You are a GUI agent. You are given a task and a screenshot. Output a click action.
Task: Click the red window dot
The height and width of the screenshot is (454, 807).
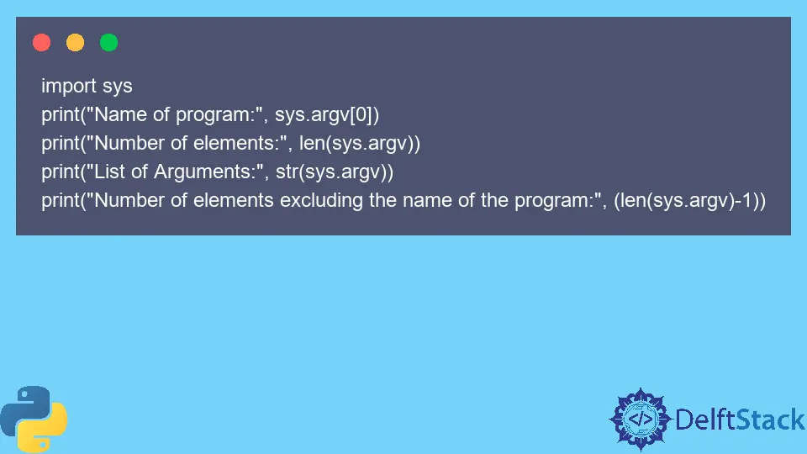[x=42, y=42]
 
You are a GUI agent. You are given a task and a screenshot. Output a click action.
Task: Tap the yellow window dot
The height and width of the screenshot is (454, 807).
[x=75, y=42]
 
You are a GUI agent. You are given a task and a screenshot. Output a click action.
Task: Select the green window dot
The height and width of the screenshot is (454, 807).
[x=108, y=42]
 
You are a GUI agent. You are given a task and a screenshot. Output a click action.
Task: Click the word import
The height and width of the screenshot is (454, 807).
[x=69, y=87]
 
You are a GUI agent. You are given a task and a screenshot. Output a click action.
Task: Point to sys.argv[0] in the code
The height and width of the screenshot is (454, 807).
[x=327, y=115]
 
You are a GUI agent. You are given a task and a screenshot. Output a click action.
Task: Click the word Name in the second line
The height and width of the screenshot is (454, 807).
[x=120, y=114]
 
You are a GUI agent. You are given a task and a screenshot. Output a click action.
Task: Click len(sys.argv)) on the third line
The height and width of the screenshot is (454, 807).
[x=360, y=144]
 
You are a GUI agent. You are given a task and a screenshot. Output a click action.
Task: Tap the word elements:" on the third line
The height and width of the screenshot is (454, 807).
[x=240, y=143]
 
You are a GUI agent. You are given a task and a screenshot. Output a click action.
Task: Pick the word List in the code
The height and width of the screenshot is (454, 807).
[x=109, y=172]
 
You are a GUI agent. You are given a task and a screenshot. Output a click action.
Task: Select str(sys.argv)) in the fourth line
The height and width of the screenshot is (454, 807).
[x=335, y=172]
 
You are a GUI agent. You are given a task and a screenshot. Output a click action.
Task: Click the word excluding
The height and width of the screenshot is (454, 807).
[x=321, y=201]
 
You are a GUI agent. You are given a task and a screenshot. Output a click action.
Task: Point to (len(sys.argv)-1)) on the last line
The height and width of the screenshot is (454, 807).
[x=689, y=201]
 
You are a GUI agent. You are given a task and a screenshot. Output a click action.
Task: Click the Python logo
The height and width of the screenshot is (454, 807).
[x=34, y=419]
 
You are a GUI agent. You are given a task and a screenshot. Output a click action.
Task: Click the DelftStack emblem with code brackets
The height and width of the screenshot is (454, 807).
[x=641, y=419]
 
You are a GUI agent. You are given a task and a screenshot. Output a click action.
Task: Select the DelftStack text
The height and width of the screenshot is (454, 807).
[x=740, y=420]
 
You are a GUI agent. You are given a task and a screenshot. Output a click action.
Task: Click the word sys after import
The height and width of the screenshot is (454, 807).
[x=118, y=87]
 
